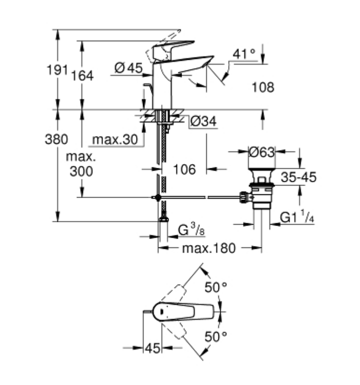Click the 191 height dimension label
point(57,70)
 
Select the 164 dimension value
point(82,76)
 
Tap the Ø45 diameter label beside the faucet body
point(129,68)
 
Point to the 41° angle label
point(244,54)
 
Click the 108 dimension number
point(263,87)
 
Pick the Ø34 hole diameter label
point(204,121)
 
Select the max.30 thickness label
point(115,139)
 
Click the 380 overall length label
point(56,139)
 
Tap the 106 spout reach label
point(185,169)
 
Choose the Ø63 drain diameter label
point(262,152)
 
